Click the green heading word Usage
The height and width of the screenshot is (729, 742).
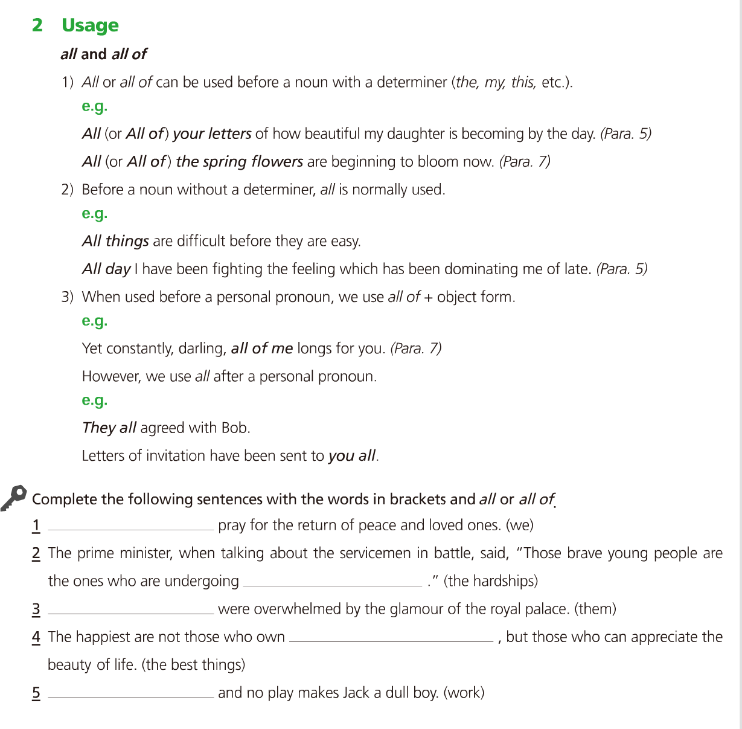[90, 25]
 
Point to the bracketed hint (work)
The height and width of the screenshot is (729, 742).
[464, 693]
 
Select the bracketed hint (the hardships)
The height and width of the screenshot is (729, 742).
[490, 581]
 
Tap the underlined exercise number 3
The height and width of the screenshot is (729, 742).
[36, 609]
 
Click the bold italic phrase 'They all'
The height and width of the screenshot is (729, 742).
[109, 428]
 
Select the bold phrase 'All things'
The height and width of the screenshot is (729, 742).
[115, 241]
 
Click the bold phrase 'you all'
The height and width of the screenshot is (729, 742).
[352, 456]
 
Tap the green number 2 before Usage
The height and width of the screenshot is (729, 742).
[37, 25]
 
